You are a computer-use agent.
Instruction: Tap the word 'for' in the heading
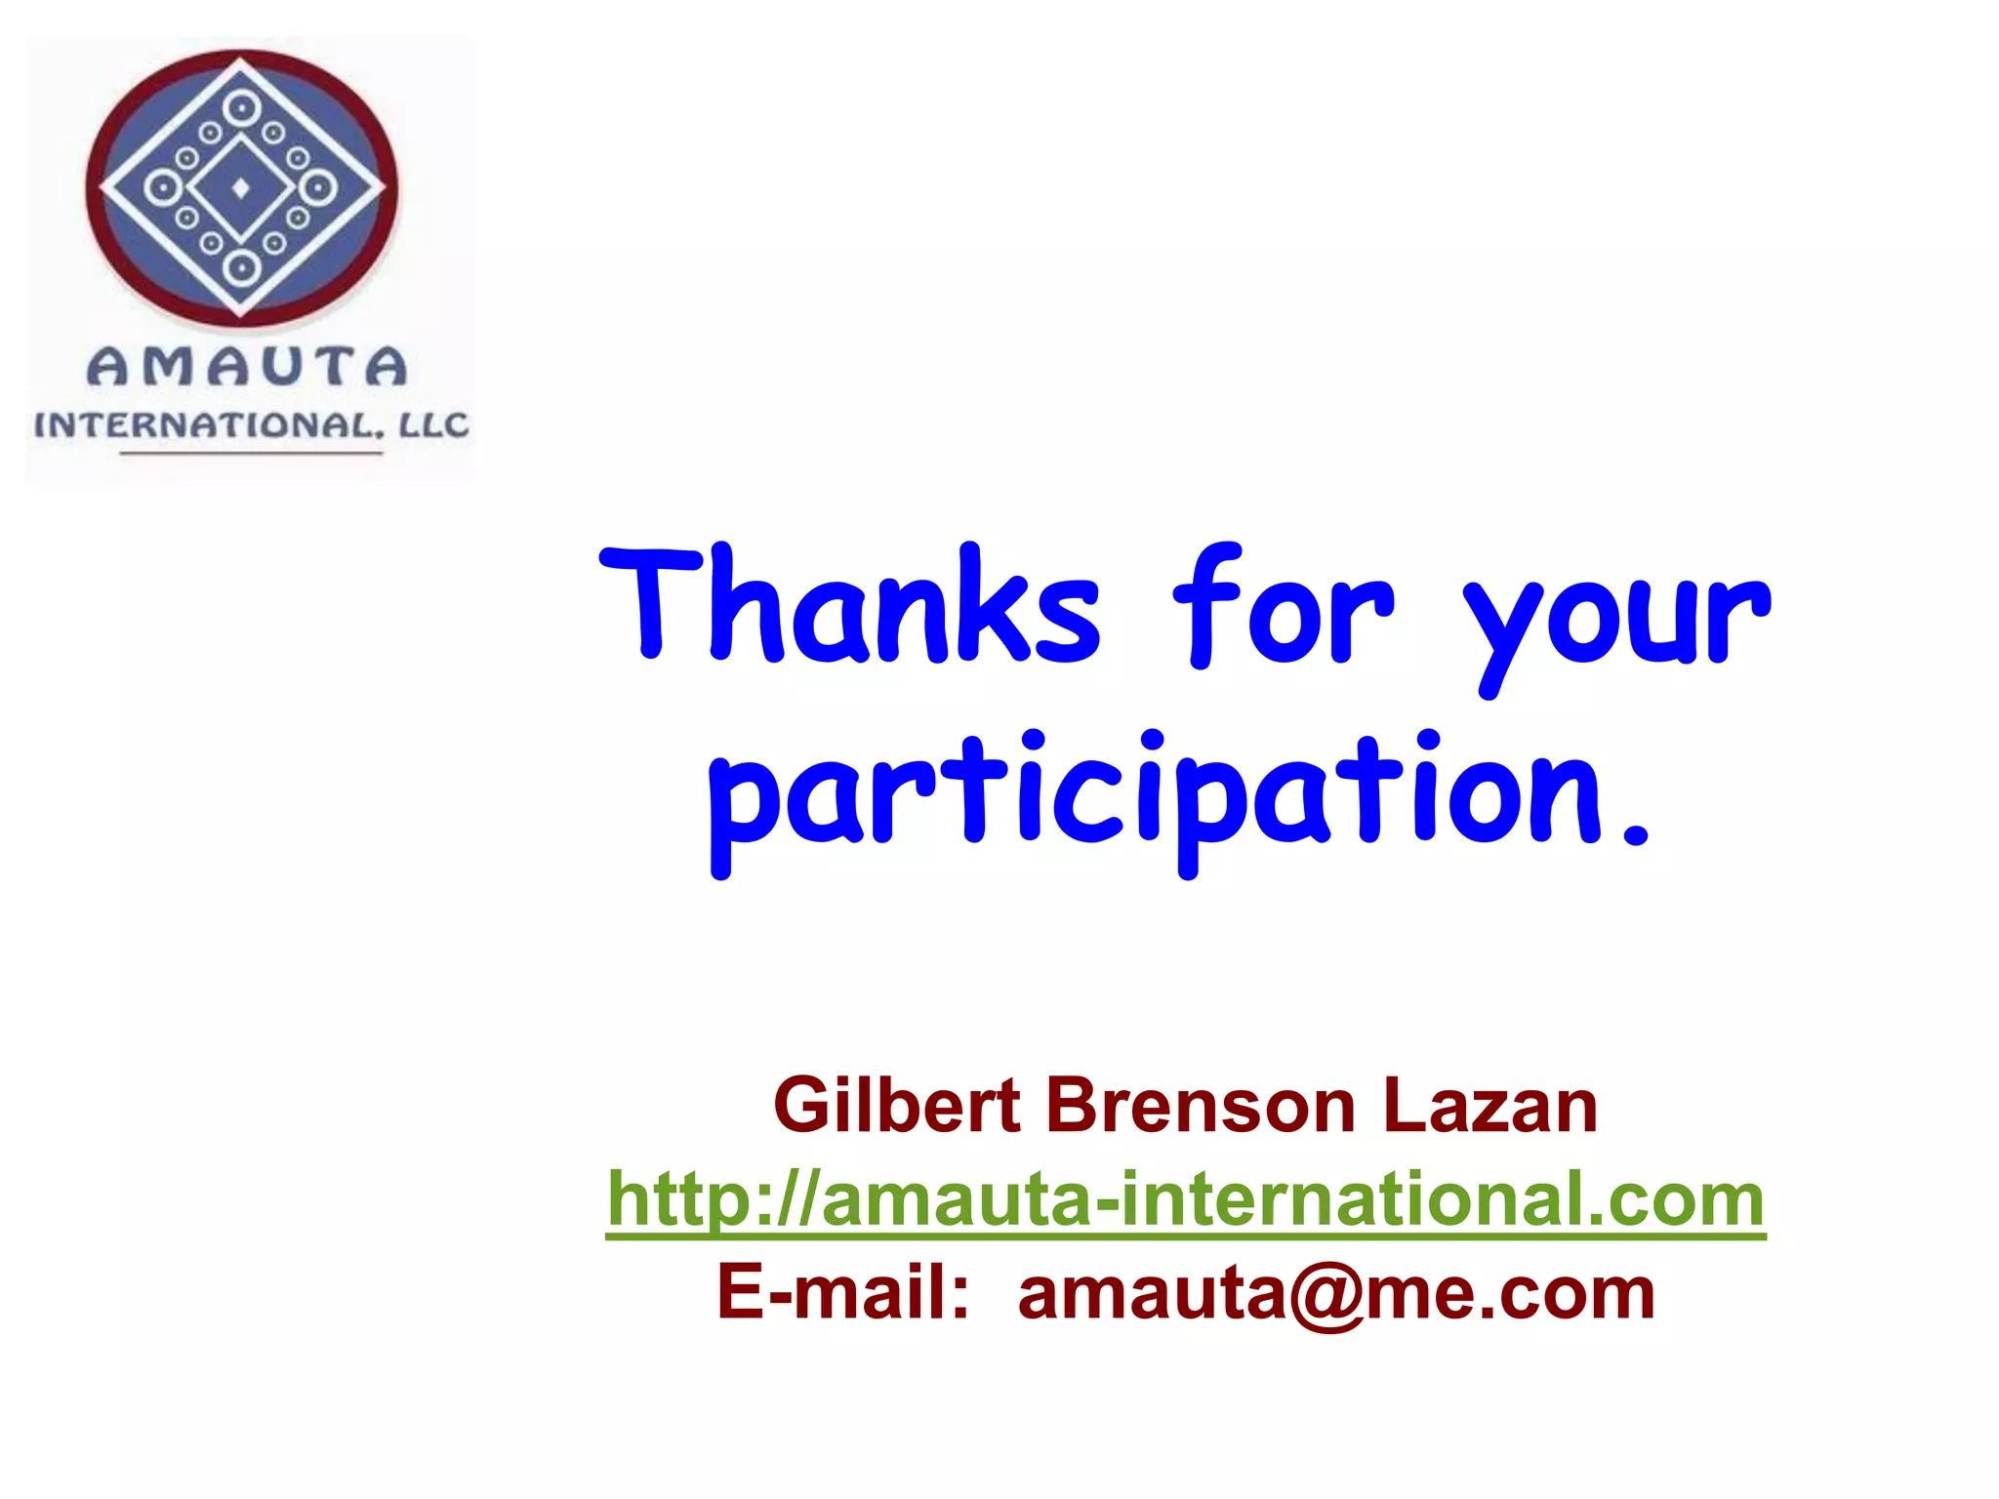coord(1283,605)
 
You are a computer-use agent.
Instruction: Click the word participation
coord(1157,795)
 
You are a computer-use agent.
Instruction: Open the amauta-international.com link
coord(1185,1199)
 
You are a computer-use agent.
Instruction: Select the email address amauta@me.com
coord(1336,1294)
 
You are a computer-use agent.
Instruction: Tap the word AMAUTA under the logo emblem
coord(247,367)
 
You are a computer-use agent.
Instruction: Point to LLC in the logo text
coord(432,425)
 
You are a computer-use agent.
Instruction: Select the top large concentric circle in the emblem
coord(241,107)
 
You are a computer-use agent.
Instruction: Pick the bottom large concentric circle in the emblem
coord(241,267)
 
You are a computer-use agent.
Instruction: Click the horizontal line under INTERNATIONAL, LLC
coord(251,453)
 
